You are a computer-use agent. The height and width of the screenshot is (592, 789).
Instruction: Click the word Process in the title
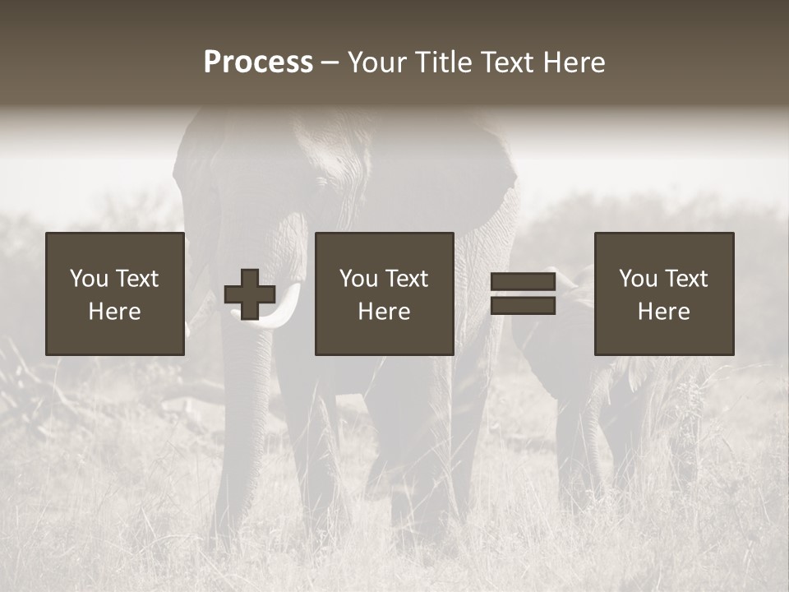click(258, 62)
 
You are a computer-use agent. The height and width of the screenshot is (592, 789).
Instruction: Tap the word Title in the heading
click(445, 62)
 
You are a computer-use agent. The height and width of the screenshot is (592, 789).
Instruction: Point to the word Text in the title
click(509, 62)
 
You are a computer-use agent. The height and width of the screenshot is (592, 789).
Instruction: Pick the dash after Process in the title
click(330, 63)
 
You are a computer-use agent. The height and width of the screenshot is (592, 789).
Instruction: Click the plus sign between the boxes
click(250, 294)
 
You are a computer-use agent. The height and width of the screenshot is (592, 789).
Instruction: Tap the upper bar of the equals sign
click(523, 282)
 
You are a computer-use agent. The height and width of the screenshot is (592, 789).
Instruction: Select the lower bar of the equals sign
click(523, 306)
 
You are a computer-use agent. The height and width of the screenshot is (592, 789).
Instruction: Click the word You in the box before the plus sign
click(89, 279)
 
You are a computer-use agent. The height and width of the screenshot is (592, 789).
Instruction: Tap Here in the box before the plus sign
click(114, 312)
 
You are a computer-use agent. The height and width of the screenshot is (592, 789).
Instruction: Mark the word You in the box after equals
click(638, 279)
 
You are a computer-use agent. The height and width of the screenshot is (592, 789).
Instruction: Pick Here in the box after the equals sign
click(663, 312)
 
